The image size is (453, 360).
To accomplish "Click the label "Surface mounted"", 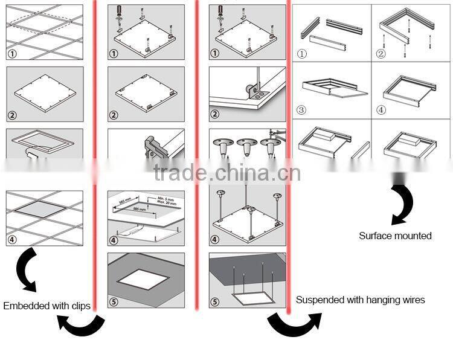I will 395,236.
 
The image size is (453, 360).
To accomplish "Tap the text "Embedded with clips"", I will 47,306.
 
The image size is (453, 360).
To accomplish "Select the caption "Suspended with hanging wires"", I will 360,300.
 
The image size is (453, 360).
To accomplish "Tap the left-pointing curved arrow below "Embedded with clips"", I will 81,326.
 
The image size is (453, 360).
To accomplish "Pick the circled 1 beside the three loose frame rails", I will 301,54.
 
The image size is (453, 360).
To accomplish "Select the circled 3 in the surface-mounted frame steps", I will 301,111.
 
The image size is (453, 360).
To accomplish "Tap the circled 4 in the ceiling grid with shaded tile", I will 12,240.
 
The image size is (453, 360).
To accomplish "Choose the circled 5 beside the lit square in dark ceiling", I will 114,302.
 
